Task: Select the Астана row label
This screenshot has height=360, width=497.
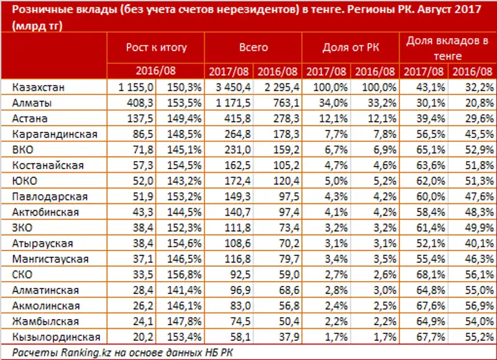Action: (x=30, y=118)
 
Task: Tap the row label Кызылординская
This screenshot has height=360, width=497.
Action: (x=55, y=336)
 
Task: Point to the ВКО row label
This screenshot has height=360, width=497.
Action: (x=24, y=149)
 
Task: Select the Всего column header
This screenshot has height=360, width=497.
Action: (x=253, y=47)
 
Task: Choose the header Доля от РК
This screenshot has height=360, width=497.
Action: (x=351, y=47)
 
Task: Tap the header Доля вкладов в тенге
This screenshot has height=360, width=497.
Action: (x=447, y=47)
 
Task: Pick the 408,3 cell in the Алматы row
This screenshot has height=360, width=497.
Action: (x=132, y=102)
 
